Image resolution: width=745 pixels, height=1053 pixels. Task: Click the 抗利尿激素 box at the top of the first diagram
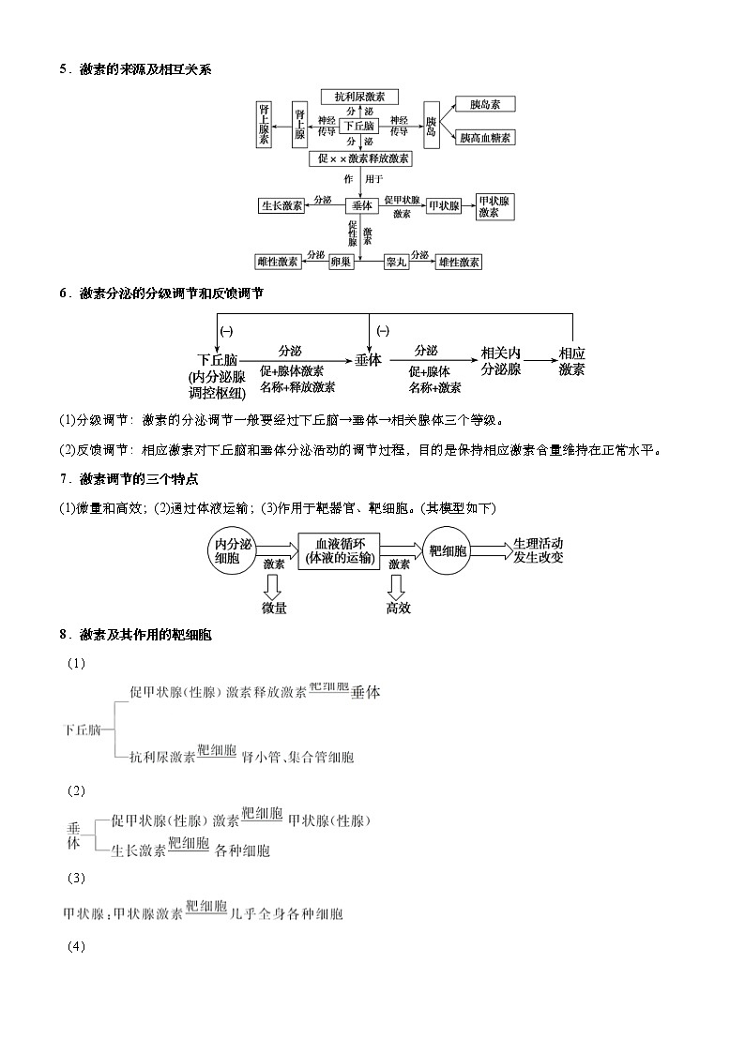(359, 97)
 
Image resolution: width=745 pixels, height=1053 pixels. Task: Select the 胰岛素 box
(483, 105)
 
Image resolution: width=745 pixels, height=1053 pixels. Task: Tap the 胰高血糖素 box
(484, 138)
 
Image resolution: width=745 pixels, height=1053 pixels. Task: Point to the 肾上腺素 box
(265, 124)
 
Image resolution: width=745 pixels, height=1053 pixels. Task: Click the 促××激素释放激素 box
(359, 158)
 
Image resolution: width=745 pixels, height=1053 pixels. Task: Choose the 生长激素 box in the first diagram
(281, 205)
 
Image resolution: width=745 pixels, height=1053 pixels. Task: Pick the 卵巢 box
(341, 262)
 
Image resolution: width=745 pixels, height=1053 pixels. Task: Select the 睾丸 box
(396, 262)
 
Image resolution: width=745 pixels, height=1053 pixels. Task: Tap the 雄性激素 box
(459, 262)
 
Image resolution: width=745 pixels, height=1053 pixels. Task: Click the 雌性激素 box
(277, 262)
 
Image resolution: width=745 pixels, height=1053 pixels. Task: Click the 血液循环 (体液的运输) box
(338, 550)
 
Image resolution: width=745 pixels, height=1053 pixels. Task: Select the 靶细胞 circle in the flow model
(448, 550)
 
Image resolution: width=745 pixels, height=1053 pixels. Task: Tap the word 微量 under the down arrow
(274, 608)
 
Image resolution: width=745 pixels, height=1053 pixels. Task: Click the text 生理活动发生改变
(539, 550)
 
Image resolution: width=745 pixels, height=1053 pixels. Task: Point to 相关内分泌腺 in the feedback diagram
(500, 361)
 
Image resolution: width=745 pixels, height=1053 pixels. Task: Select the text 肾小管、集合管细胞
(297, 757)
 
